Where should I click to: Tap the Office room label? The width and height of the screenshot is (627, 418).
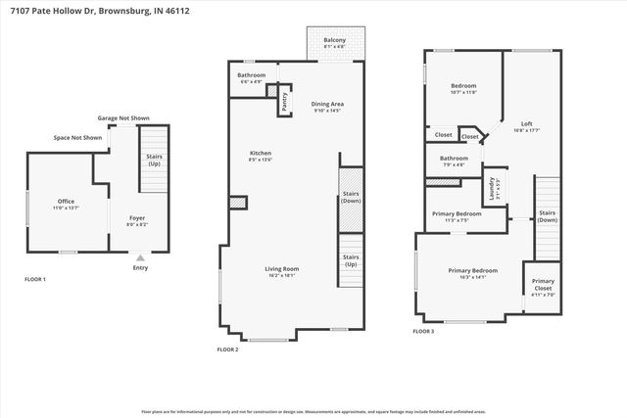[65, 204]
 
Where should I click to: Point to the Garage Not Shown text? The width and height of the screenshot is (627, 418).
[122, 117]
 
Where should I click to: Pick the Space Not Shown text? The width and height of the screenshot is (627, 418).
[78, 138]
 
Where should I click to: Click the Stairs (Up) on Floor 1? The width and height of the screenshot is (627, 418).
[154, 160]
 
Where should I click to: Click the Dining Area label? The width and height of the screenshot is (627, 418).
[328, 107]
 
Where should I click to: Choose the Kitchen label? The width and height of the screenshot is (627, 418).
[260, 156]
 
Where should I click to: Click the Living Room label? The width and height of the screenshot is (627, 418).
[282, 272]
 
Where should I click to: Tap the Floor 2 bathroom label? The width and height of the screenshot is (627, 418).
[252, 77]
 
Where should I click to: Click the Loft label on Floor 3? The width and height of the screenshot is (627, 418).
[526, 126]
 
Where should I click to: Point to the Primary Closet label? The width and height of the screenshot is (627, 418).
[543, 284]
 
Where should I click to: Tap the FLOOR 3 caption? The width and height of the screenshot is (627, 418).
[423, 332]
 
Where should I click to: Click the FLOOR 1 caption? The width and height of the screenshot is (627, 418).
[35, 279]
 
